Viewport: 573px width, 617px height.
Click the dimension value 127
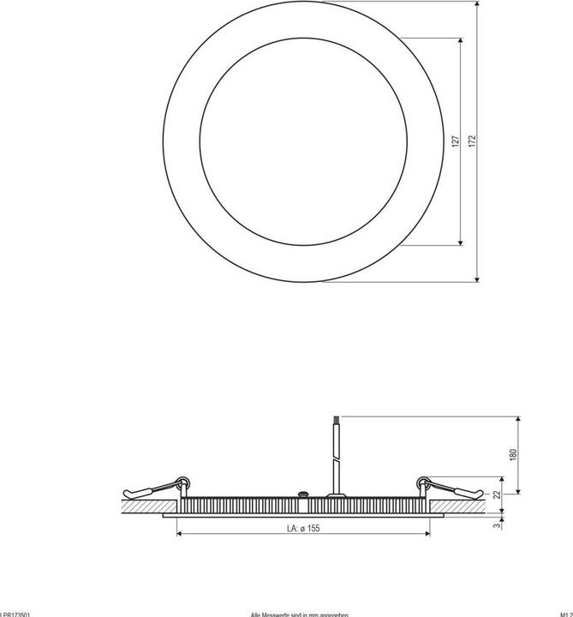click(x=457, y=141)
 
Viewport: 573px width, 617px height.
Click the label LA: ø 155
click(x=302, y=529)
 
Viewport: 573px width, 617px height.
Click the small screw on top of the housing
click(x=301, y=494)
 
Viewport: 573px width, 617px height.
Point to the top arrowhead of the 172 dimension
click(x=476, y=4)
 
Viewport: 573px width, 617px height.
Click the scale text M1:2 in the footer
click(x=564, y=614)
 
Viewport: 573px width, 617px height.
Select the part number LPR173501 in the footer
click(x=16, y=614)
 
